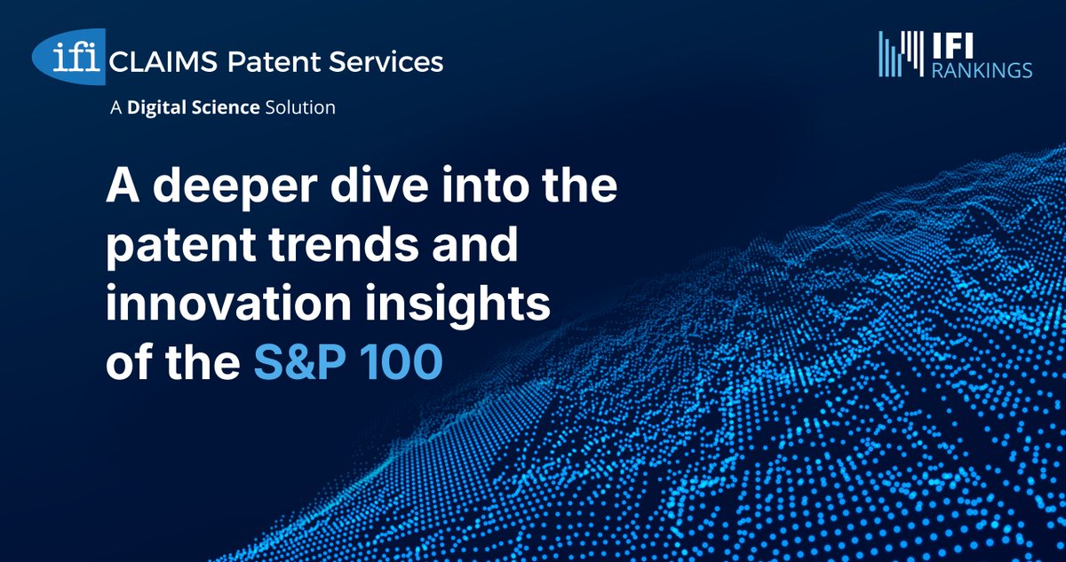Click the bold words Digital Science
[194, 108]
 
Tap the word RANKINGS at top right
[981, 69]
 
